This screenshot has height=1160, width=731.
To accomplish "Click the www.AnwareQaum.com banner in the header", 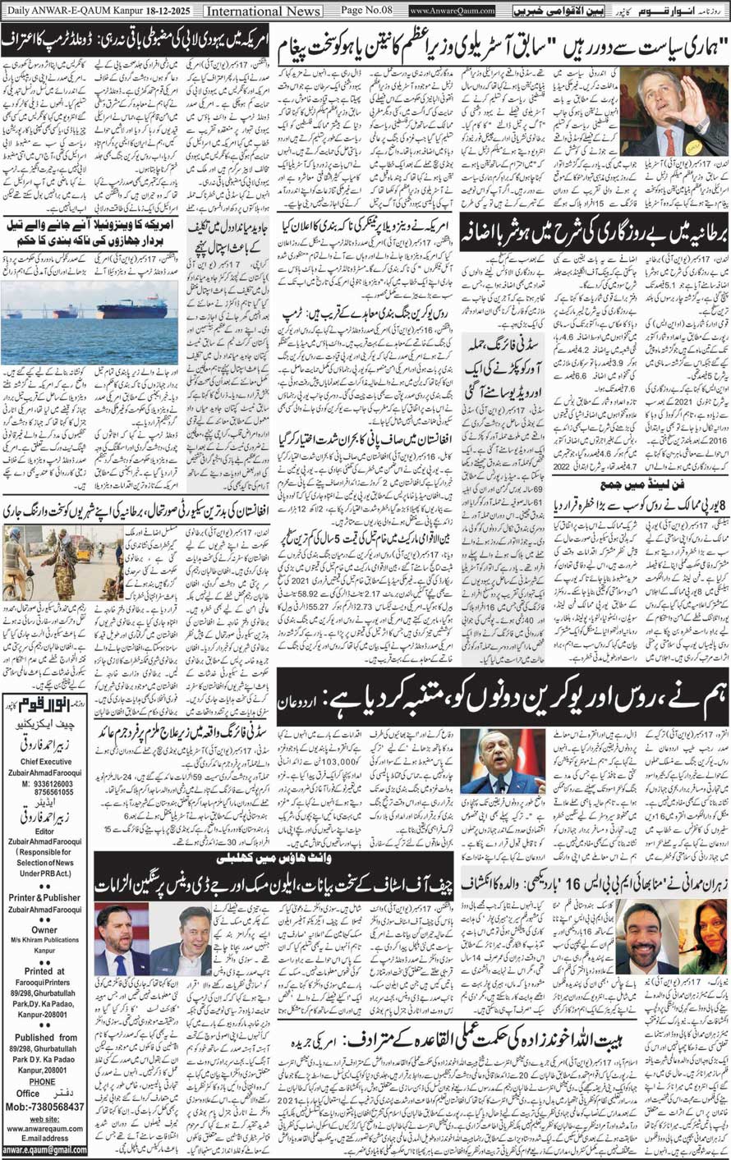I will coord(452,11).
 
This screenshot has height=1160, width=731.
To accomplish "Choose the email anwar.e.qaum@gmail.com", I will coord(45,1149).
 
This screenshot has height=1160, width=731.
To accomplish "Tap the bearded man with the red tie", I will coord(120,936).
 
